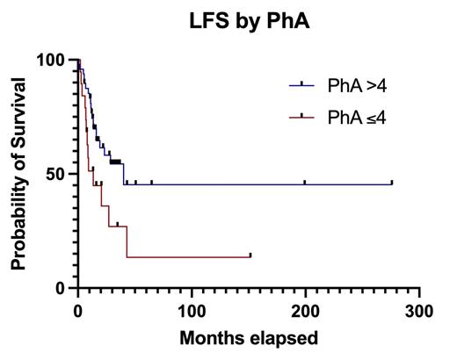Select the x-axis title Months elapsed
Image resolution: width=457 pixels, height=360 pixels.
[x=249, y=338]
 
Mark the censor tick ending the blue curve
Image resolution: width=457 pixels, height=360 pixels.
[x=392, y=183]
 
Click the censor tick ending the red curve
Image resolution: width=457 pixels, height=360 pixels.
[x=250, y=256]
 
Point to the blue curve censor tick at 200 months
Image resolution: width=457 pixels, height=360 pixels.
[x=305, y=183]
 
